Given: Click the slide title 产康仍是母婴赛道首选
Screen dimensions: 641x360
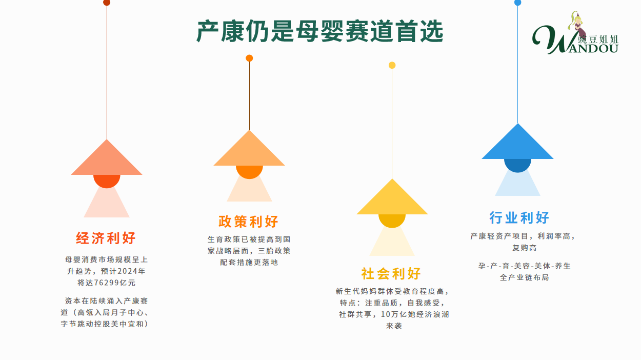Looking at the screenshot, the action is pos(320,31).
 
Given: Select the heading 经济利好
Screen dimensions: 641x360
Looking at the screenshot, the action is pos(106,238).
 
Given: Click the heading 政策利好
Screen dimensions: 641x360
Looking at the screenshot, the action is pos(248,222).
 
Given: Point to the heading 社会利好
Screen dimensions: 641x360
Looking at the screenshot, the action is pos(391,273).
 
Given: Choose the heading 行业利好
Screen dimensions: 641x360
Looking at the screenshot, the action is pos(519,218).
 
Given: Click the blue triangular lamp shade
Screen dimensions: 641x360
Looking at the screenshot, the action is pos(517,142).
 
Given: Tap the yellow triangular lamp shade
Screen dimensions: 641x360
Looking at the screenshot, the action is pos(392,197).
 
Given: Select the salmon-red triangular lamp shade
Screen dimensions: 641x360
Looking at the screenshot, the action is pos(107,157).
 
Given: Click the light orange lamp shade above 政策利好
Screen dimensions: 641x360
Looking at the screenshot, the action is pos(249,148).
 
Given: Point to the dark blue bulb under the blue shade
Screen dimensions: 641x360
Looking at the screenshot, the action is pos(517,166).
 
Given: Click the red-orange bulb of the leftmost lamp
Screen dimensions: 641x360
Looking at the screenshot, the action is pos(107,181).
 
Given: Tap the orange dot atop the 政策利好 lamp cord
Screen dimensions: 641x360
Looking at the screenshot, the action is pos(249,58).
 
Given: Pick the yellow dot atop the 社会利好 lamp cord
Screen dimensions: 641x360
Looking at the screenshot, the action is pos(392,65).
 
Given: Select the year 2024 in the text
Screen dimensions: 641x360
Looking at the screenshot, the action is pos(128,271).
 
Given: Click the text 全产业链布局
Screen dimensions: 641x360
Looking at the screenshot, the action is pos(524,277).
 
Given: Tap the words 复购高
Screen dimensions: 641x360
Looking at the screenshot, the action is pos(524,248).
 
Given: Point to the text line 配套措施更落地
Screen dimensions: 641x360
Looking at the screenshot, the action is pos(249,263).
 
